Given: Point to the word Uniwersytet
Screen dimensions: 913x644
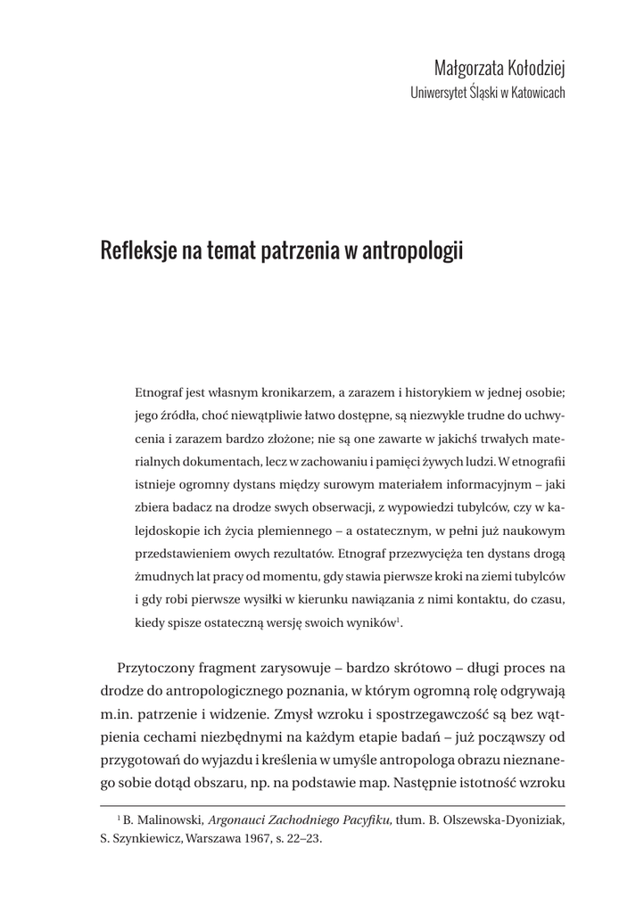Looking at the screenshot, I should pos(438,92).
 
